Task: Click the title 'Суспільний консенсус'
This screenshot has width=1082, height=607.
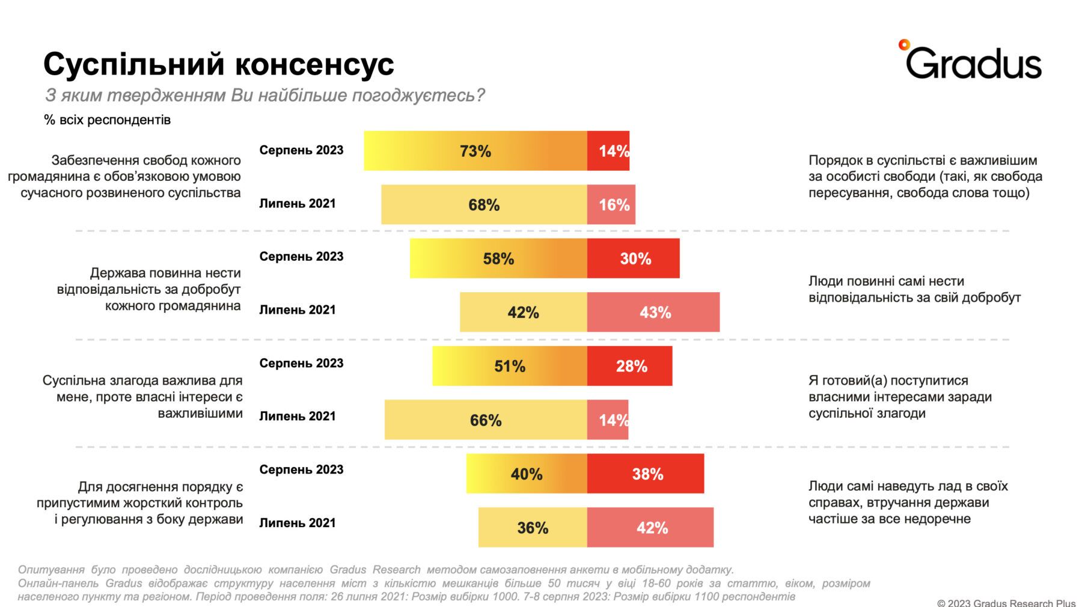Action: click(218, 64)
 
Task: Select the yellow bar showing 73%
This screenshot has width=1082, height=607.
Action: click(475, 151)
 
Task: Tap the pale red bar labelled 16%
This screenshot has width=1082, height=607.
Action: click(611, 204)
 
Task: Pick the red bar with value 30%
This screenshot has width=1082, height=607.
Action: click(633, 258)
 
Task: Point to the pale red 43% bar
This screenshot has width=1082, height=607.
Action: click(653, 312)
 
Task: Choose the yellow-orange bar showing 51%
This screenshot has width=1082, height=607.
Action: click(509, 366)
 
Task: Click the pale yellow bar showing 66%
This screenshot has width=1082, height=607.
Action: click(485, 419)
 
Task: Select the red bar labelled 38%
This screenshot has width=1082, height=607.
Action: click(645, 474)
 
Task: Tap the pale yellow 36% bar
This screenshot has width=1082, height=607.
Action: click(532, 527)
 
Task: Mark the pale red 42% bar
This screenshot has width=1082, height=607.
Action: click(650, 527)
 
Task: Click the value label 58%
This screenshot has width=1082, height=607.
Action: click(498, 259)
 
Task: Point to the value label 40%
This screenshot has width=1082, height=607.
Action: click(527, 474)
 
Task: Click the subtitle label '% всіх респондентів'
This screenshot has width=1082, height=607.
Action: click(107, 120)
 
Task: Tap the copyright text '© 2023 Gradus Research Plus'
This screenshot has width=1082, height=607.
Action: click(1006, 602)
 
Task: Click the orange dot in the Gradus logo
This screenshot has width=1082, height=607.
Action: click(903, 44)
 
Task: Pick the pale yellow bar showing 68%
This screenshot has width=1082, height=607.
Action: click(484, 204)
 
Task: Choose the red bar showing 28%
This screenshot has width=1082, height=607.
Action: click(629, 366)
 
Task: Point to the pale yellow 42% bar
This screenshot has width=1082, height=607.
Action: click(523, 312)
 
